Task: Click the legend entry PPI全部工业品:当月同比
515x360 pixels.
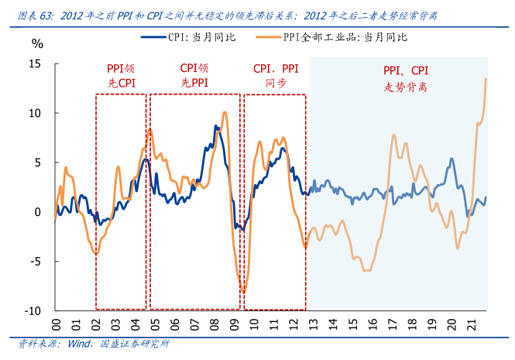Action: click(x=346, y=36)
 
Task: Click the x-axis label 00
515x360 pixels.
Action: click(x=56, y=324)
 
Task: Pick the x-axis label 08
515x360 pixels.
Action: click(x=213, y=324)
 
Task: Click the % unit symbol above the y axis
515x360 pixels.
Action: click(x=37, y=43)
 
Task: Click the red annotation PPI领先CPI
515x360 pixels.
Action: click(x=121, y=75)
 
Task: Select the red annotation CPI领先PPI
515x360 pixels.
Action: click(x=194, y=75)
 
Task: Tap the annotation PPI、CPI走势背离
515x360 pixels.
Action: click(x=405, y=79)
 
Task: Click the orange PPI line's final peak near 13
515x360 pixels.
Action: click(x=486, y=78)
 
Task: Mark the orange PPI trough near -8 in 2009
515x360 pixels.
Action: click(x=243, y=292)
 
